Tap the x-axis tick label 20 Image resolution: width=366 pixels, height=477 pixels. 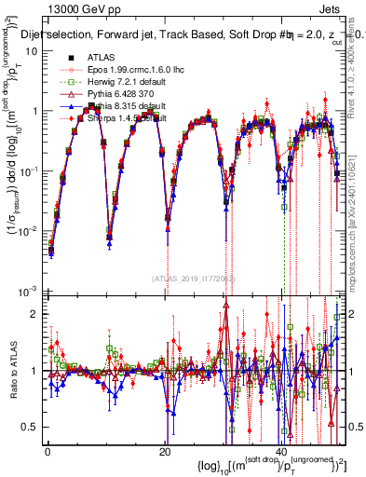coord(164,452)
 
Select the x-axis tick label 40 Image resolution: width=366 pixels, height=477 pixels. coord(281,452)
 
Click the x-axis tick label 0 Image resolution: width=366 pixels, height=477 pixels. coord(47,452)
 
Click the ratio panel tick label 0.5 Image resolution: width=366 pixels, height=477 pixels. coord(30,427)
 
